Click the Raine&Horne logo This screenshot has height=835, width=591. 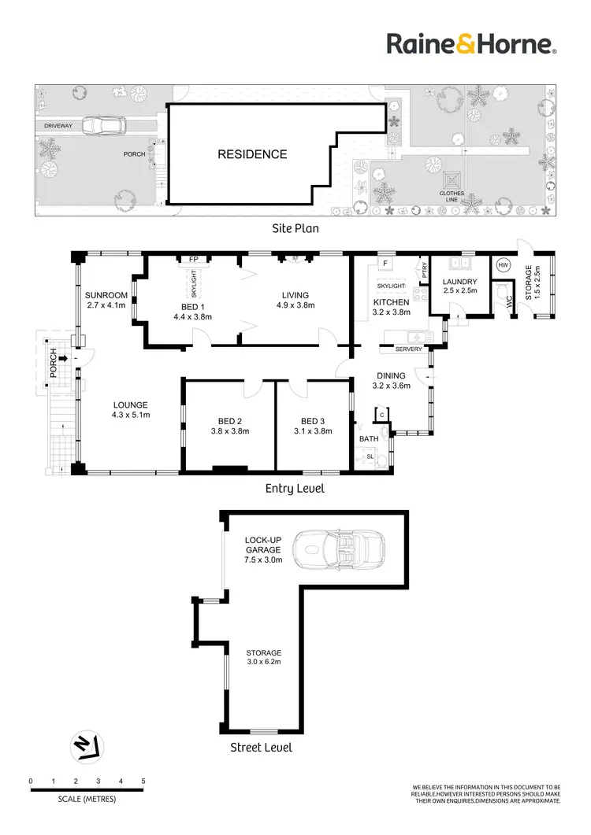coord(472,44)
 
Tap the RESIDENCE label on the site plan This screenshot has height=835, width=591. coord(252,154)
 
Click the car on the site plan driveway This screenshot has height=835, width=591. coord(102,126)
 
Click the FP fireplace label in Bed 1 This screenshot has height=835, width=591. coord(192,258)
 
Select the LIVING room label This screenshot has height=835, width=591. coord(295,296)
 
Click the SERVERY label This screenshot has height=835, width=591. coord(409,349)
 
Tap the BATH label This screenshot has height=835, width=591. coord(368,438)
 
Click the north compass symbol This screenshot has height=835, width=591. coord(85,747)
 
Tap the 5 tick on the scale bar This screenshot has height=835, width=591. coord(143,781)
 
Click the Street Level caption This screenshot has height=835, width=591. coord(261,747)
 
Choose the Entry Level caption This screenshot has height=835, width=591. coord(293,489)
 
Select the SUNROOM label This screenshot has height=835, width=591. coord(106,296)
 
